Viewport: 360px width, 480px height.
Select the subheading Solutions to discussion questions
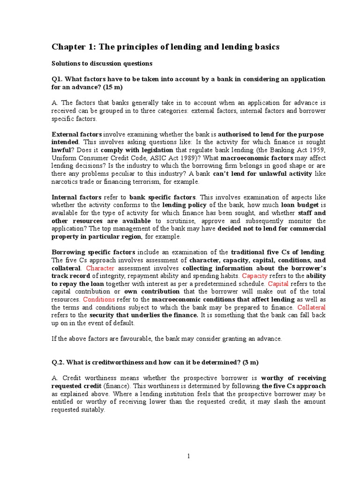(x=102, y=63)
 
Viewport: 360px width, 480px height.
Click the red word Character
(x=100, y=268)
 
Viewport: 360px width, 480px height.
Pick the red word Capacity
(x=254, y=276)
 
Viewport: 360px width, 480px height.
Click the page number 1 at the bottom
(x=188, y=456)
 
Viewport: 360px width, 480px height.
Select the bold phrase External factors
(x=76, y=135)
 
